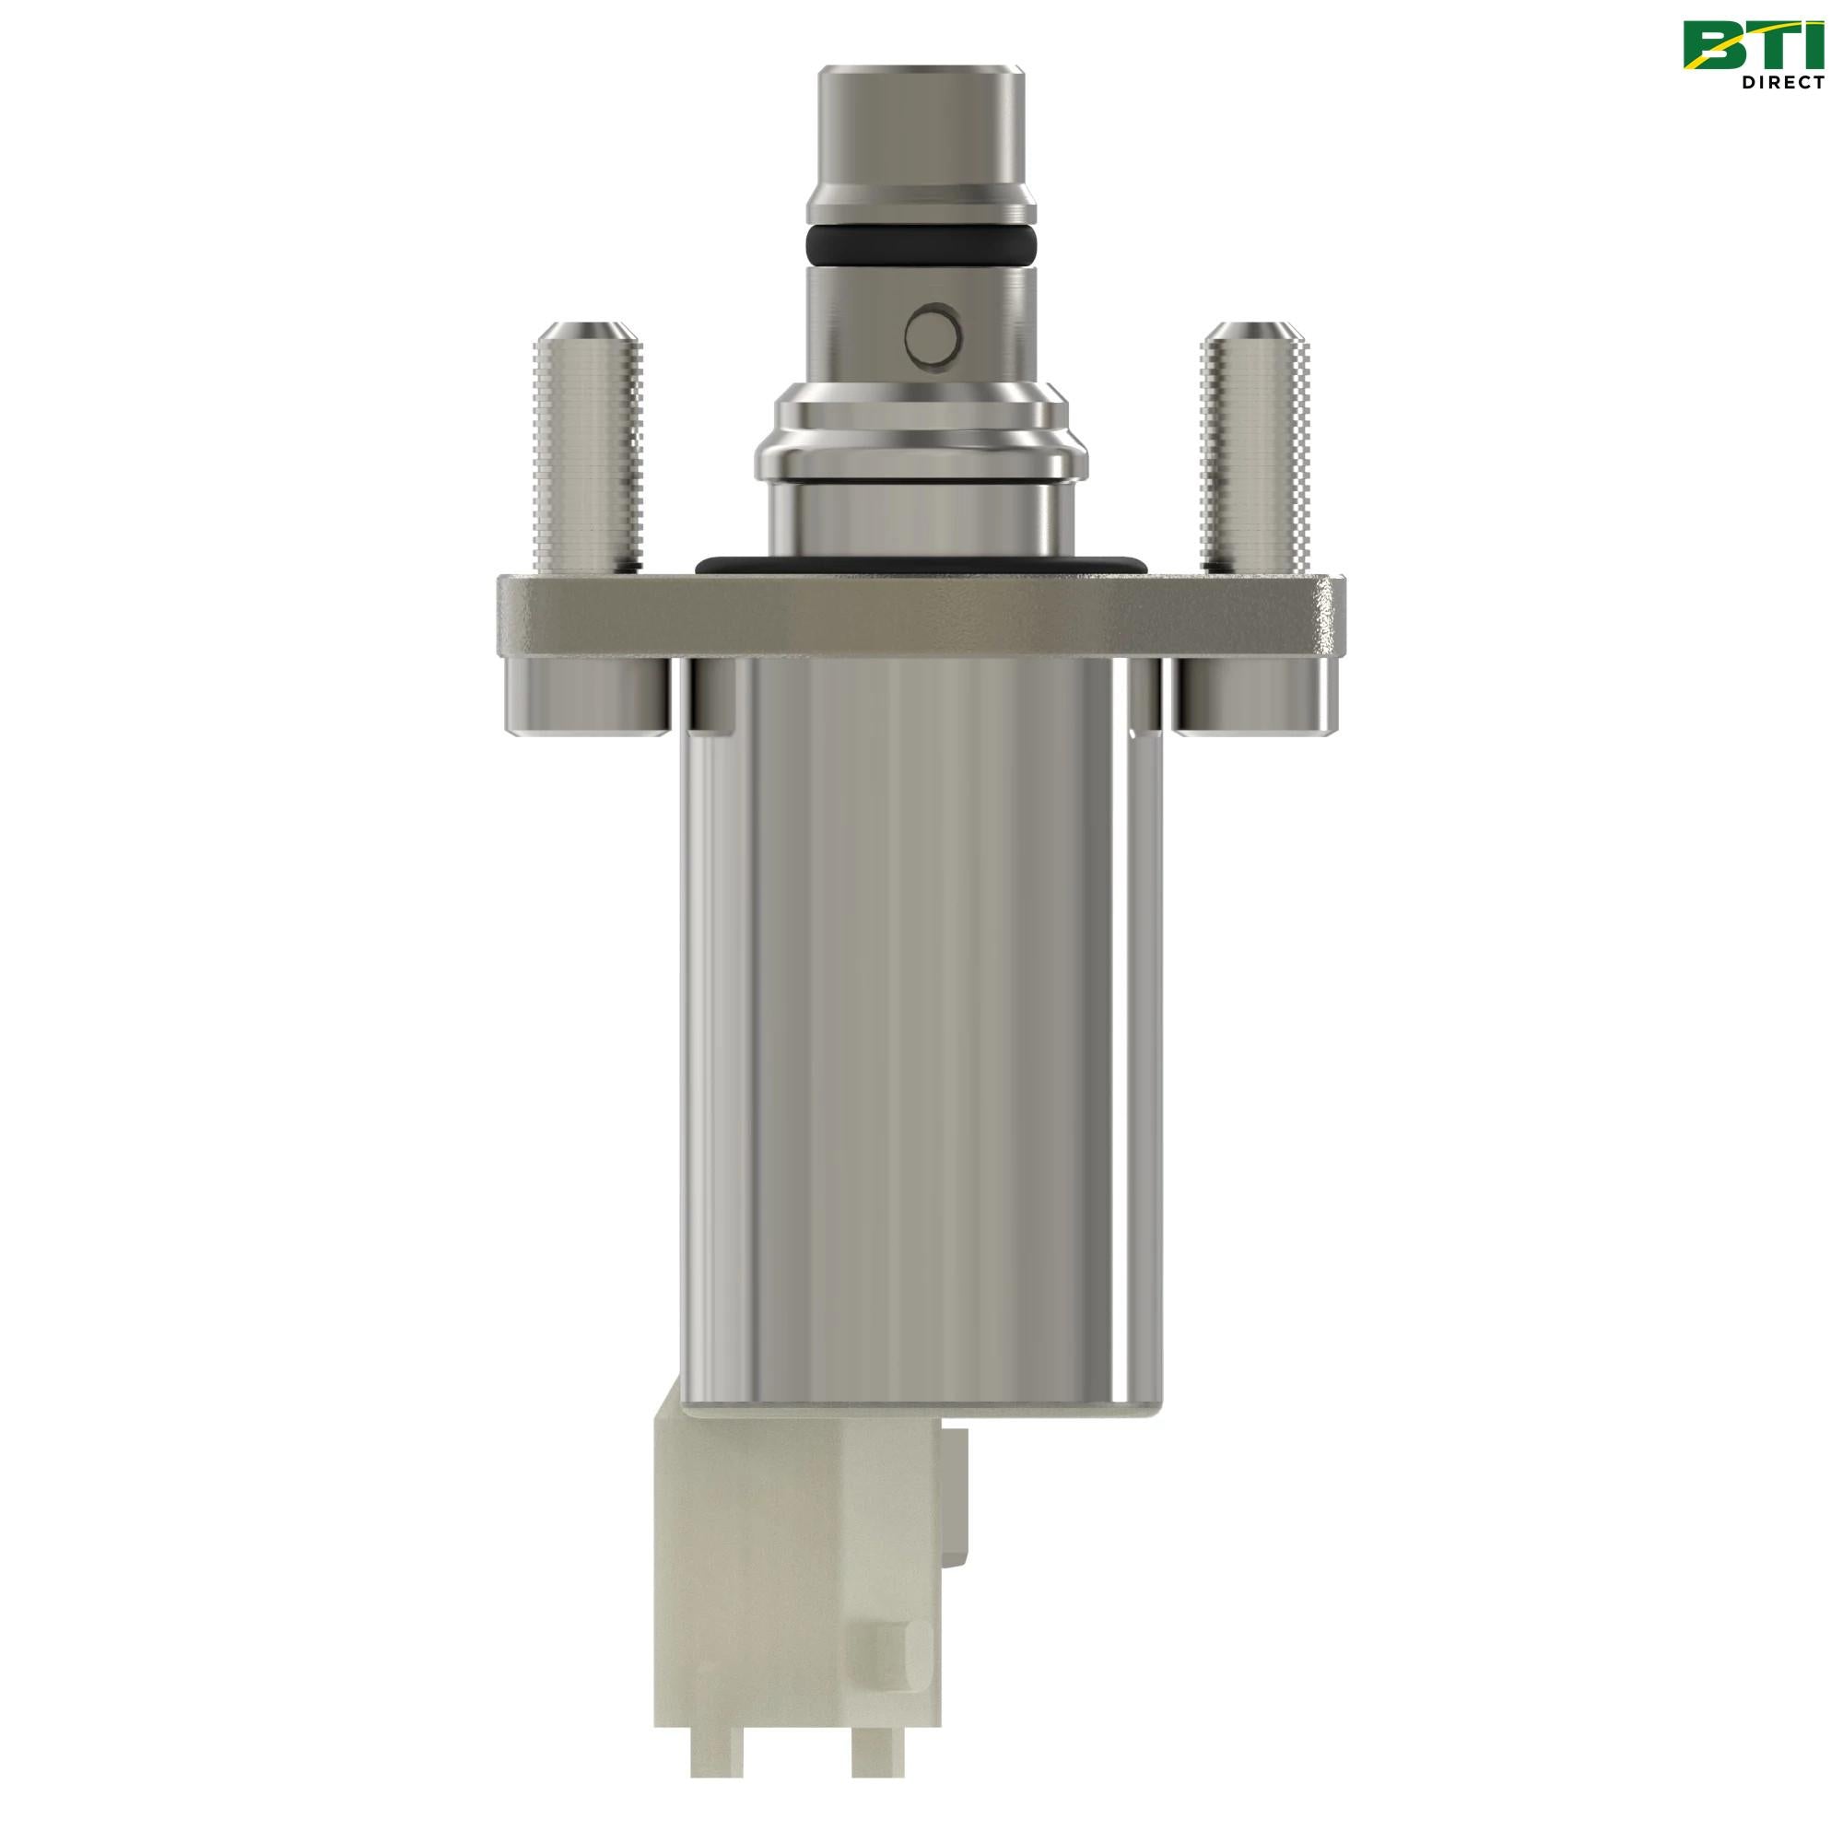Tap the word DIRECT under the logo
[x=1782, y=83]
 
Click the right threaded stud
[x=1252, y=458]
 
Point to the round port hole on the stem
[x=931, y=334]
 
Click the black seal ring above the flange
[x=921, y=566]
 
